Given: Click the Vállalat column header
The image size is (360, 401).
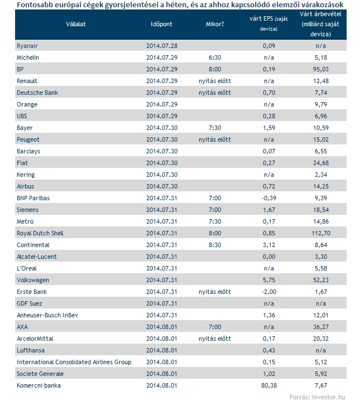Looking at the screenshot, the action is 76,25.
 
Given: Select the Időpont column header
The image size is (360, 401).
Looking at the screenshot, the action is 161,25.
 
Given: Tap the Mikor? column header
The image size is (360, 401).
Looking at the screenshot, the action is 215,25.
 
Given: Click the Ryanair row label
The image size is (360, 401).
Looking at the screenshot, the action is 27,46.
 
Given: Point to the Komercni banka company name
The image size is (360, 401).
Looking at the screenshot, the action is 39,385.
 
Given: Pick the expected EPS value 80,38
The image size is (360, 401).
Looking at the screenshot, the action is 269,385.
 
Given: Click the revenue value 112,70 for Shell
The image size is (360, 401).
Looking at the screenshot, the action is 321,233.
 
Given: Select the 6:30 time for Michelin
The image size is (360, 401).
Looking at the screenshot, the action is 215,57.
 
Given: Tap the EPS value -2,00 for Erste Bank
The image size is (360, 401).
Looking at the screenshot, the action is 269,292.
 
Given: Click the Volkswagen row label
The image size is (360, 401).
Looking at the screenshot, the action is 33,281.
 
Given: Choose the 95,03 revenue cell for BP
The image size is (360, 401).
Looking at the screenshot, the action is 321,69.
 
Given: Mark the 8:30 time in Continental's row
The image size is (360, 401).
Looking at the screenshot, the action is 215,245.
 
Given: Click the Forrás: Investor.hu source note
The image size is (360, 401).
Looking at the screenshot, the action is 317,397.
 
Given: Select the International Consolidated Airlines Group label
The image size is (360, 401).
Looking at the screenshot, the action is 74,362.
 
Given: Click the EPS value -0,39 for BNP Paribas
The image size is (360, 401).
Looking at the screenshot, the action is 269,198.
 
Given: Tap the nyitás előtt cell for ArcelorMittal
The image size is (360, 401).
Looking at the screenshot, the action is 215,339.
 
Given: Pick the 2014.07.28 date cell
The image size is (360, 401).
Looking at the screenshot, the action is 162,46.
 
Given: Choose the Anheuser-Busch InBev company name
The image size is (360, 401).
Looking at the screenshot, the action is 47,315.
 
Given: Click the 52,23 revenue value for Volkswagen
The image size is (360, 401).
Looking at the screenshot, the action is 321,281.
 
